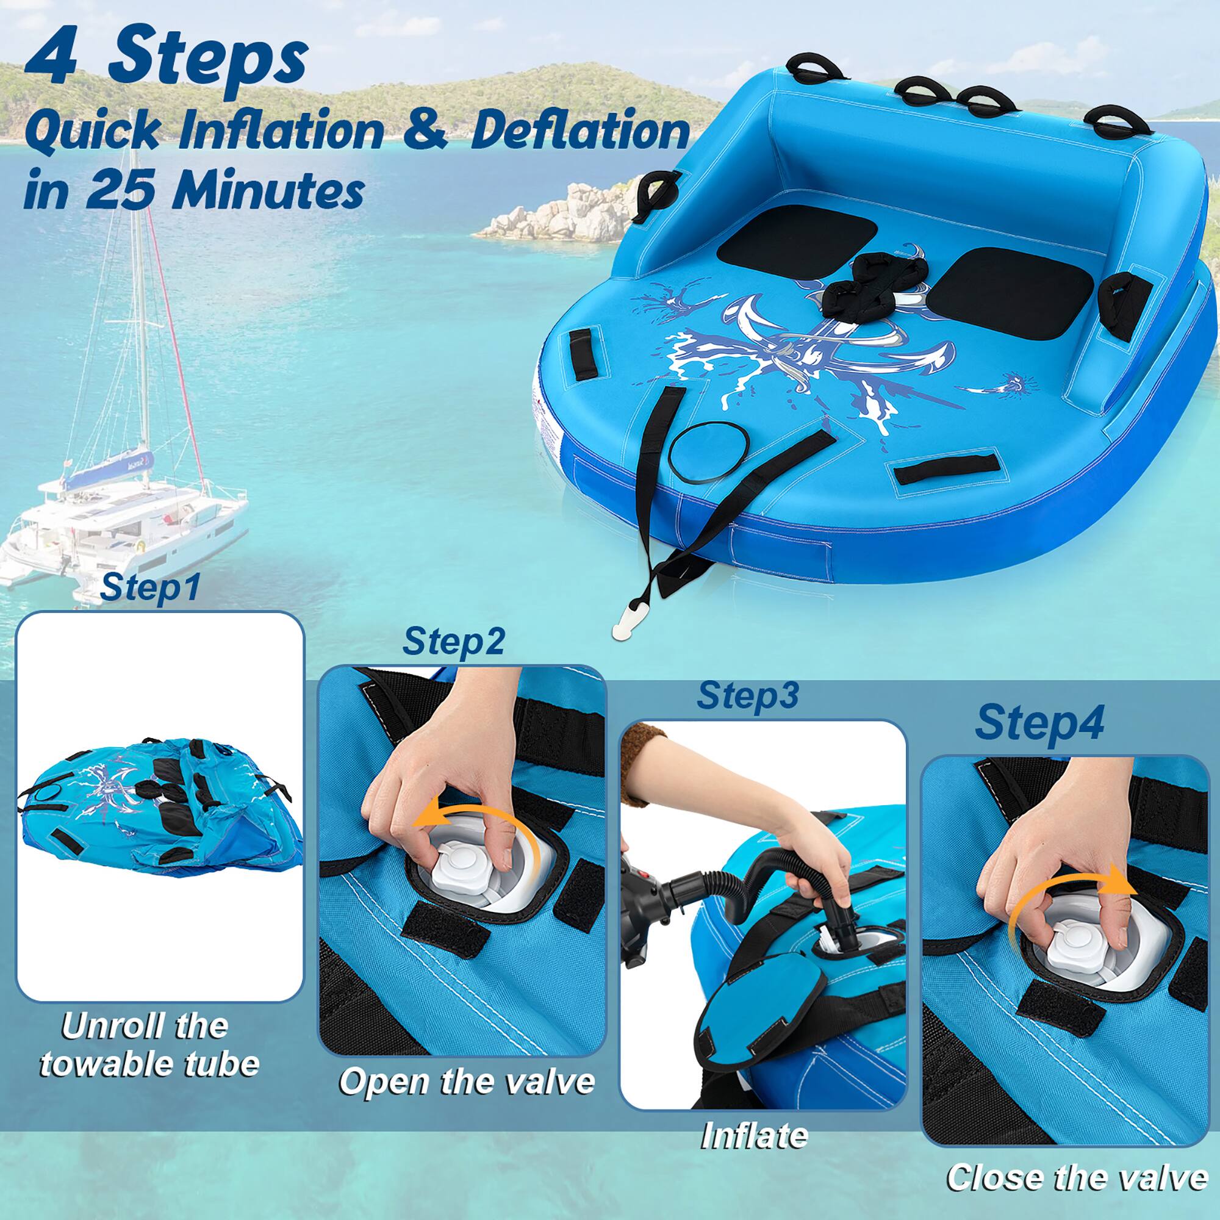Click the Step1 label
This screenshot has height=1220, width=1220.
(x=149, y=587)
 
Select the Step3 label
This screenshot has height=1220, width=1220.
(x=748, y=695)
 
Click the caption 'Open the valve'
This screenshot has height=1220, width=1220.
(x=467, y=1081)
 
